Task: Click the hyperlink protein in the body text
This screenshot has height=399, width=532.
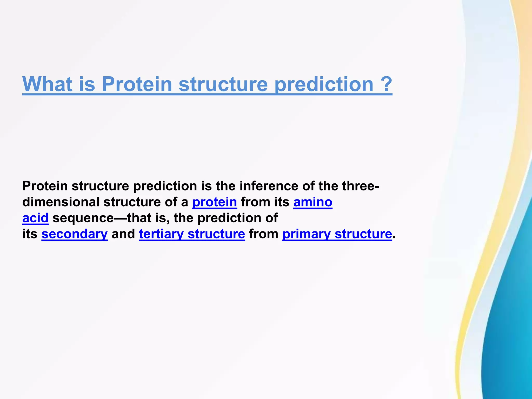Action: (215, 202)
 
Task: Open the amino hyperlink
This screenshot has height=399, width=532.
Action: (313, 202)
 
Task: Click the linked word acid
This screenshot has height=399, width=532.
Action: (35, 218)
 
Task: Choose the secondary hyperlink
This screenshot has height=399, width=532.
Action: (75, 234)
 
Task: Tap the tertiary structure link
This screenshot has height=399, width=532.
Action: (192, 234)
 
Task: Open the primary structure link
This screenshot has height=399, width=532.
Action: (337, 234)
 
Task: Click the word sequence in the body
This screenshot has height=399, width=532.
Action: (83, 218)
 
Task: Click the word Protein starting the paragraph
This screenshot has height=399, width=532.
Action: (45, 186)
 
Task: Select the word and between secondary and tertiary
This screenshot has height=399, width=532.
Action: (123, 234)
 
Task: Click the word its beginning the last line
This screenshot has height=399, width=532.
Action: (30, 234)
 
